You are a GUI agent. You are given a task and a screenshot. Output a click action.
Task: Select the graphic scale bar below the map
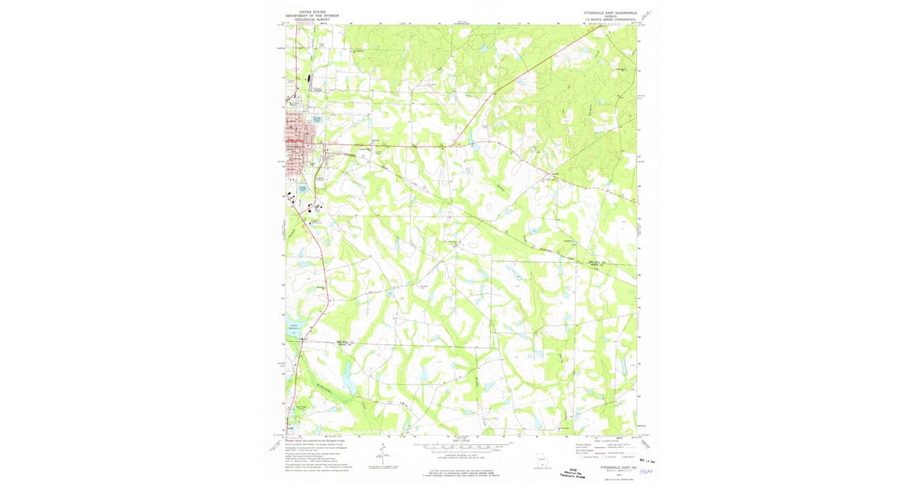point(461,445)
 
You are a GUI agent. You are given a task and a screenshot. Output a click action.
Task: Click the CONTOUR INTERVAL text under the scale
point(461,456)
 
